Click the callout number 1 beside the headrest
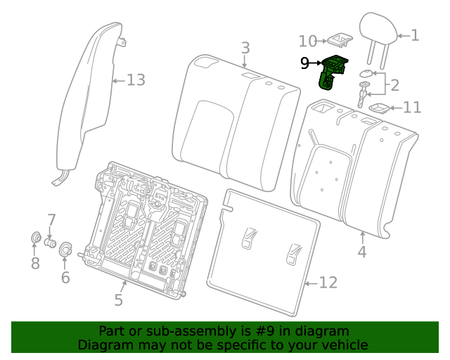[x=414, y=34]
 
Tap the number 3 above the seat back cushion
[x=245, y=48]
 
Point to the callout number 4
[x=362, y=251]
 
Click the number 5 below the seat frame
[x=119, y=300]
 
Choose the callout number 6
[x=65, y=277]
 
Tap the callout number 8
[x=35, y=263]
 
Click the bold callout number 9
[x=304, y=63]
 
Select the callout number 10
[x=308, y=41]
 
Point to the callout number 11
[x=412, y=108]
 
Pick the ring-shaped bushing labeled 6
[x=65, y=249]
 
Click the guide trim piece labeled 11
[x=380, y=108]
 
